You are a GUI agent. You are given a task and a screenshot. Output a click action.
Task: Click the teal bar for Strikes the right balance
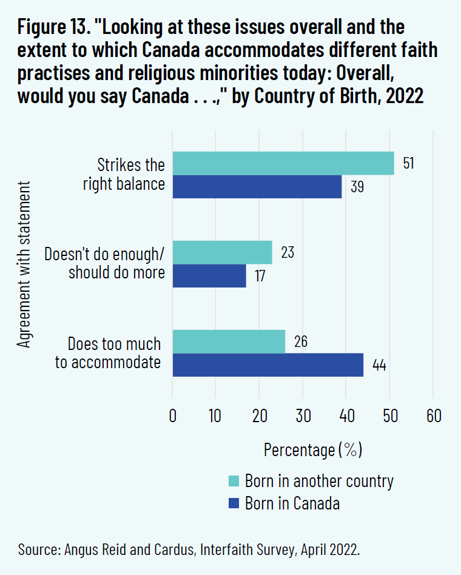coord(283,163)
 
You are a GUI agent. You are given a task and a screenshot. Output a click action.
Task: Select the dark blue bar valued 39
coord(257,187)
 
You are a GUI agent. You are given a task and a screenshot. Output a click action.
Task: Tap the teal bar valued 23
coord(223,252)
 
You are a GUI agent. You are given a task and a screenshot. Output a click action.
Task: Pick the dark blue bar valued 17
coord(209,275)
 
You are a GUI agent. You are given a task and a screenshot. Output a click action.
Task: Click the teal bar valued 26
coord(229,341)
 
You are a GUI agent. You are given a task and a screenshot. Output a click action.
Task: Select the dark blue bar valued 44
coord(268,365)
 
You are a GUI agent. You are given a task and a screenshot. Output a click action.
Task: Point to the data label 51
coord(408,164)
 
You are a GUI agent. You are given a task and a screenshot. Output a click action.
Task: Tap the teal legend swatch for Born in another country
coord(234,481)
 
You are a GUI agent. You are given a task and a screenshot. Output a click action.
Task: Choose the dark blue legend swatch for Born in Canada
coord(234,503)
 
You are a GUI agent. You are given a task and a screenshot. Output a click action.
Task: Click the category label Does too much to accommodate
coord(115,354)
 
